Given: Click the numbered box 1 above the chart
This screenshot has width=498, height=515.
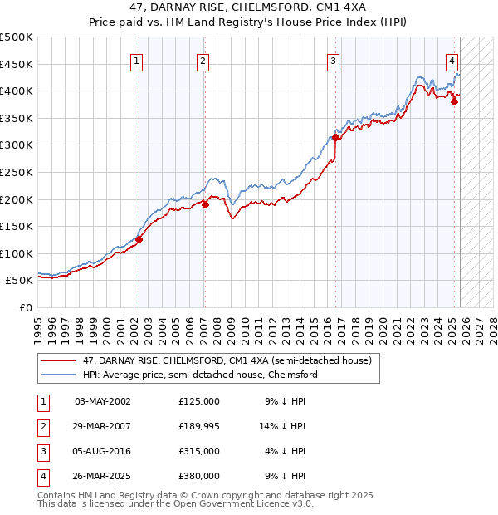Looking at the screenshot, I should pos(136,60).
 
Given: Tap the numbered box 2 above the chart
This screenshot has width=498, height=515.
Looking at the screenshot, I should pos(203,60).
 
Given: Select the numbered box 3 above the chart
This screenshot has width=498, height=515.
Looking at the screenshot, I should pos(333,60).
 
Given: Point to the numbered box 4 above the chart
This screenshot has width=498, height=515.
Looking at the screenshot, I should pos(452,60).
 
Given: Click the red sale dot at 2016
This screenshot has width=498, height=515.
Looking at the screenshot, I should pos(335,138).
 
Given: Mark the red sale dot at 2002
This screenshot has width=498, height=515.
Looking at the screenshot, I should pos(139,240).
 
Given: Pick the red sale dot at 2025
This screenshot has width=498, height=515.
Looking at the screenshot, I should pos(454,102).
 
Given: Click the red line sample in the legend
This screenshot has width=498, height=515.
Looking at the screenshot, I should pos(60,360).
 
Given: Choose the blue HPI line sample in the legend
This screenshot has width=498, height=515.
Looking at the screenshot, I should pos(60,375).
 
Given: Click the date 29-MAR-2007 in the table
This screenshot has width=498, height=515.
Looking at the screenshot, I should pos(103,426).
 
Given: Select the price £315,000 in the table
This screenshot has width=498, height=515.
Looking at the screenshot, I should pos(199,451).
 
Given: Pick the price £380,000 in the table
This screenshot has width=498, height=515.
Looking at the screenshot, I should pos(199,476).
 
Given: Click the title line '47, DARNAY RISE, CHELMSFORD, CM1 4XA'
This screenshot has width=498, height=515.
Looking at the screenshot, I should pos(249,7).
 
